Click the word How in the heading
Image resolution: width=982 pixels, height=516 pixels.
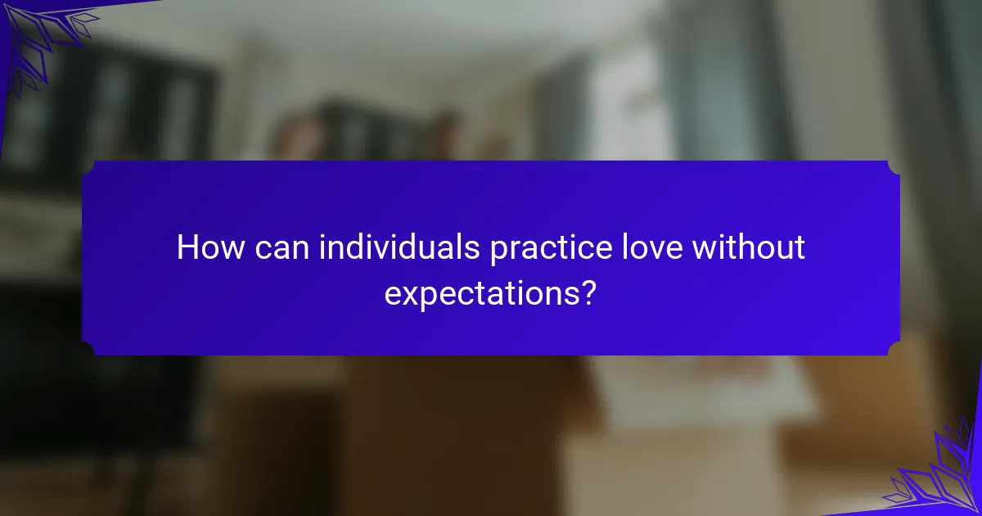[210, 247]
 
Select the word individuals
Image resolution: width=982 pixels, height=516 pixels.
[399, 247]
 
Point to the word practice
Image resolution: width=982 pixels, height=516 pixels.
[551, 250]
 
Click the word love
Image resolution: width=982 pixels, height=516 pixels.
[652, 247]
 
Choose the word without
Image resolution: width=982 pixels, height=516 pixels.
[748, 247]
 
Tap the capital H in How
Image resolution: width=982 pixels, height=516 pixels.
[187, 247]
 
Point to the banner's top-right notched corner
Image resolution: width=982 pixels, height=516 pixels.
[894, 168]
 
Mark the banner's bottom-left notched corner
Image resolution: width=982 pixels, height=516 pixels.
[88, 348]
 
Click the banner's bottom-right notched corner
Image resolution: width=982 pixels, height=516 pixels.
[894, 348]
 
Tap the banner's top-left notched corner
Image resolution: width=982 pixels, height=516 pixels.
[88, 168]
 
